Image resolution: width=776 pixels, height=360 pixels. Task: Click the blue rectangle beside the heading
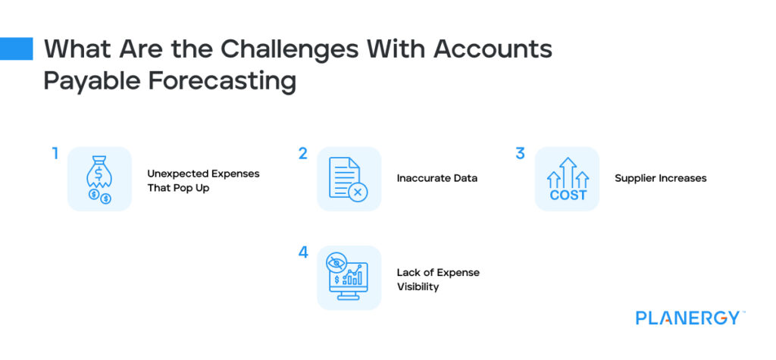click(x=16, y=49)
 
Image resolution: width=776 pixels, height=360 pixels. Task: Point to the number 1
click(x=55, y=154)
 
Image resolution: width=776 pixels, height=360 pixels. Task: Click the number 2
click(x=302, y=154)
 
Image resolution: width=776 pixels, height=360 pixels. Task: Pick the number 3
click(x=520, y=154)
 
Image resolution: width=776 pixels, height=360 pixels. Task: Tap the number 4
click(x=303, y=252)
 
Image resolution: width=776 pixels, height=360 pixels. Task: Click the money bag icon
click(x=99, y=179)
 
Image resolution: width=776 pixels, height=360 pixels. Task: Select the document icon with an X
click(x=348, y=179)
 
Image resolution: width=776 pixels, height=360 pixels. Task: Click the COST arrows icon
click(x=568, y=179)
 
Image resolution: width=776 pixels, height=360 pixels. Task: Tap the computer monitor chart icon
click(x=348, y=277)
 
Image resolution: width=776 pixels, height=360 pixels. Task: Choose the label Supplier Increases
click(x=660, y=179)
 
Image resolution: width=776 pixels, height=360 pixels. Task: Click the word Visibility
click(x=418, y=287)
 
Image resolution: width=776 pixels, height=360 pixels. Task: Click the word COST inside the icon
click(x=568, y=195)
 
